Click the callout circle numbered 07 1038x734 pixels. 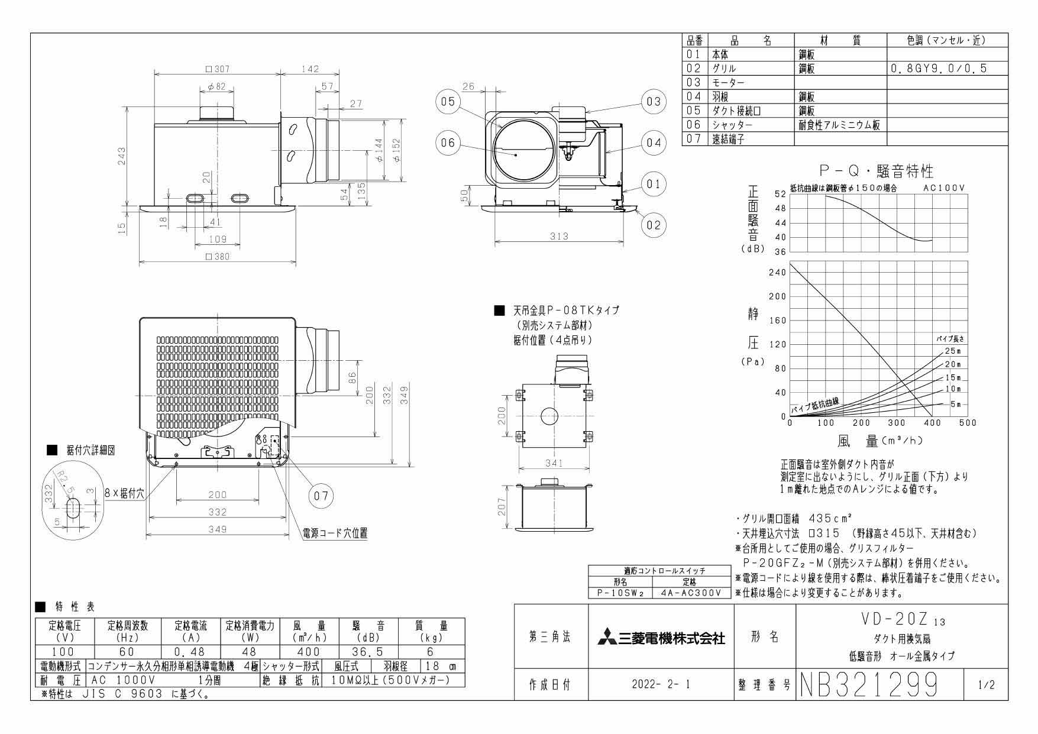[321, 496]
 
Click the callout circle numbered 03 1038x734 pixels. [653, 102]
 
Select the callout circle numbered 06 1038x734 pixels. [448, 143]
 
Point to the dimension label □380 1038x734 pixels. [217, 257]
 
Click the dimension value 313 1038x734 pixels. [558, 236]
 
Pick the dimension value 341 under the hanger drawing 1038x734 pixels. [554, 463]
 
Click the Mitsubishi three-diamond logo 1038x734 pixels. [606, 638]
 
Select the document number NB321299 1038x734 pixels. [869, 686]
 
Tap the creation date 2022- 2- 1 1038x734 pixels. [661, 686]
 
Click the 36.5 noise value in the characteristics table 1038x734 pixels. [367, 652]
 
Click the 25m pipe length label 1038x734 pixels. [952, 351]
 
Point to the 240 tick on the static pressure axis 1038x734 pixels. [777, 273]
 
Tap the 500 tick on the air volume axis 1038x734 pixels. [968, 423]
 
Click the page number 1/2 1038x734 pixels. [986, 686]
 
